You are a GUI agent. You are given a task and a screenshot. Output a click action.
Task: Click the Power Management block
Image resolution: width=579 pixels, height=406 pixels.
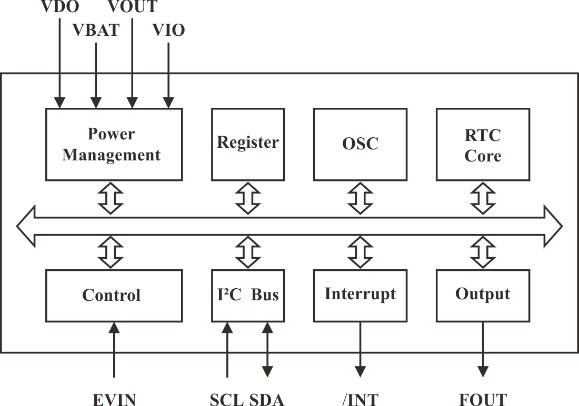114,144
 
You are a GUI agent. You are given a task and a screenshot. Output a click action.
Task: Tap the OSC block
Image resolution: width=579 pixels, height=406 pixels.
360,144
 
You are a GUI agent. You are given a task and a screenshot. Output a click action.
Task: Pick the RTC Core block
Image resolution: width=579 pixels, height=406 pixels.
482,144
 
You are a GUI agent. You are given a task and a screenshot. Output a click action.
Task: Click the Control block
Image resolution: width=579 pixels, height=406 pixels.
114,295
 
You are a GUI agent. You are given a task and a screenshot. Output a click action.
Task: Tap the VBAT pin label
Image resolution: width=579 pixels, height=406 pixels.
96,31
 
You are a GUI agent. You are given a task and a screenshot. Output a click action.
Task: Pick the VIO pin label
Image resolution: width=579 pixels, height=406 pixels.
168,31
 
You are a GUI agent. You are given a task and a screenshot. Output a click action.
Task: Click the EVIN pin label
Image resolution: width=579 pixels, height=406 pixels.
114,400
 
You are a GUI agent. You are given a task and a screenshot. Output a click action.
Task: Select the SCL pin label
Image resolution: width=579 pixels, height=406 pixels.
227,400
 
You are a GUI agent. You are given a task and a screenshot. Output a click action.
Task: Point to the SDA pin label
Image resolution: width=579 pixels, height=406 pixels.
267,400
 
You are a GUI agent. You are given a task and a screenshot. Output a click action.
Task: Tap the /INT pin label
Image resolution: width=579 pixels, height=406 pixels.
360,400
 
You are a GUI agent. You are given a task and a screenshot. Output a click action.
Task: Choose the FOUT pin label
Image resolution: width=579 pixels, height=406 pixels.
482,400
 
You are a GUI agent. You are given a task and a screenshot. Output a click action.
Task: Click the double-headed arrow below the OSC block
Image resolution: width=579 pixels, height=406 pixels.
360,198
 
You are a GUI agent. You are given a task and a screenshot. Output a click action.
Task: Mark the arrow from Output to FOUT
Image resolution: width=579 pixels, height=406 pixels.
482,350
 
